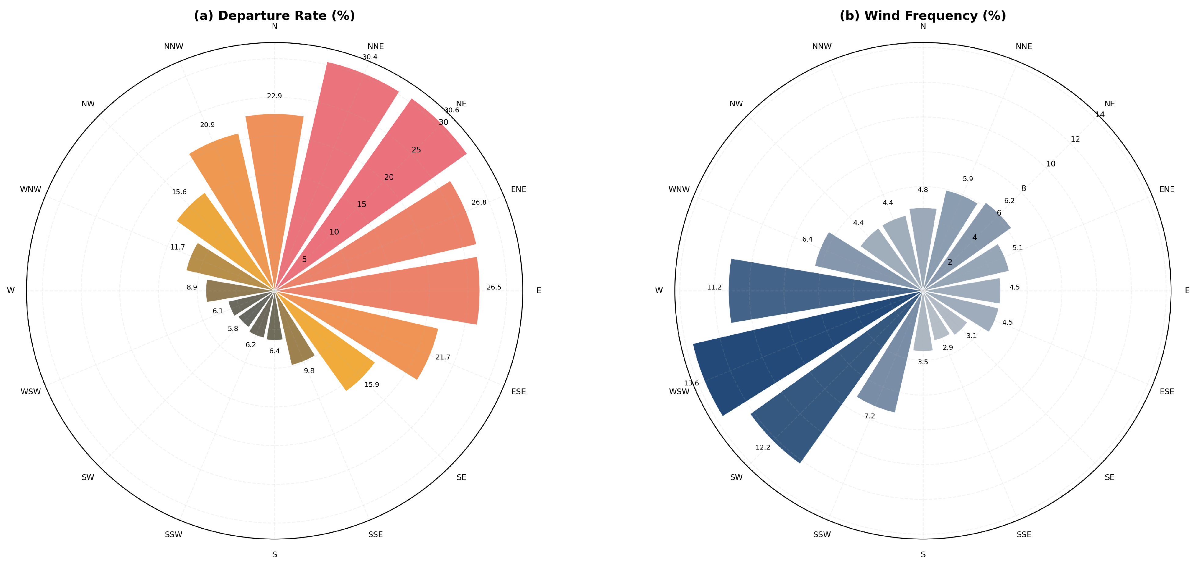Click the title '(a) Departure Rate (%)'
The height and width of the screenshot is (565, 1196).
(x=274, y=16)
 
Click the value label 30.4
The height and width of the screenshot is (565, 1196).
(x=370, y=57)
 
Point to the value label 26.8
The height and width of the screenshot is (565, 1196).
(x=479, y=202)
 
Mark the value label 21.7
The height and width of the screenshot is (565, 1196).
(x=443, y=357)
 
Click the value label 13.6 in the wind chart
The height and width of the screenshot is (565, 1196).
(x=691, y=383)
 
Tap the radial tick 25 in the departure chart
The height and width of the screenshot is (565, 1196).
(x=416, y=150)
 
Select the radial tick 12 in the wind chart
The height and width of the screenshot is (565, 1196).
(x=1075, y=139)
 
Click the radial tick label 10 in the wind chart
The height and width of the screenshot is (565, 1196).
(x=1051, y=164)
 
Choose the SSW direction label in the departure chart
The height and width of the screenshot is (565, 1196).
(x=174, y=534)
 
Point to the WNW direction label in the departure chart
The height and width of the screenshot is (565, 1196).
(x=31, y=189)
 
